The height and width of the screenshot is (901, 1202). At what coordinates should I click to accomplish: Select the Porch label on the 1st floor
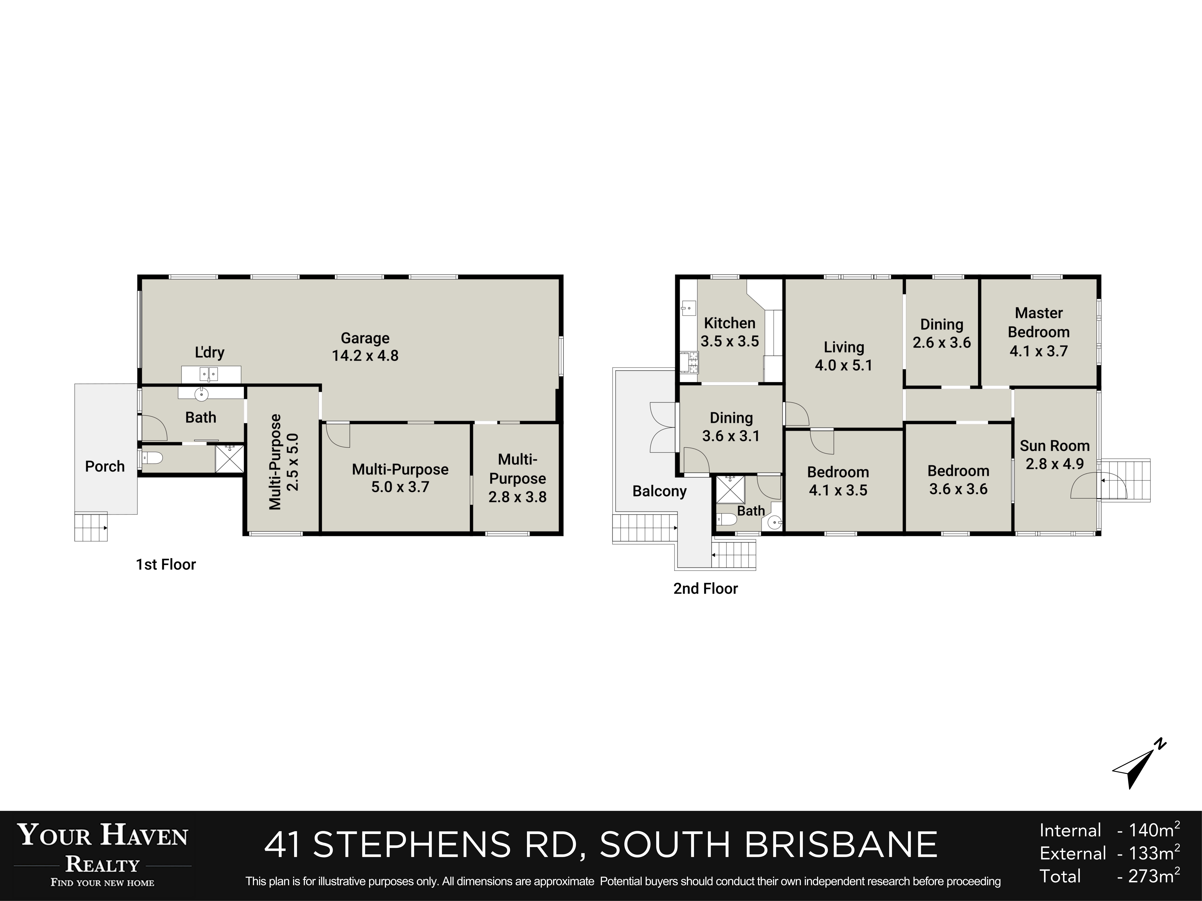[105, 466]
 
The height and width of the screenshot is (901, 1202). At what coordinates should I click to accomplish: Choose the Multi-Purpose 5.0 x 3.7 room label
[400, 478]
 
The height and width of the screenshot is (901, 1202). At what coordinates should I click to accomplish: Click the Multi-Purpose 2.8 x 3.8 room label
[517, 478]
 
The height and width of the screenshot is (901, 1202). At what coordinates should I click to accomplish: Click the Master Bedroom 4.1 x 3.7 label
[1038, 332]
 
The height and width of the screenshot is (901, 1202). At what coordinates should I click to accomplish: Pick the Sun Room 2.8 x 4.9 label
[1054, 455]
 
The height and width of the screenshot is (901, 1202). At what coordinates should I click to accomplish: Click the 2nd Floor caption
[705, 589]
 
